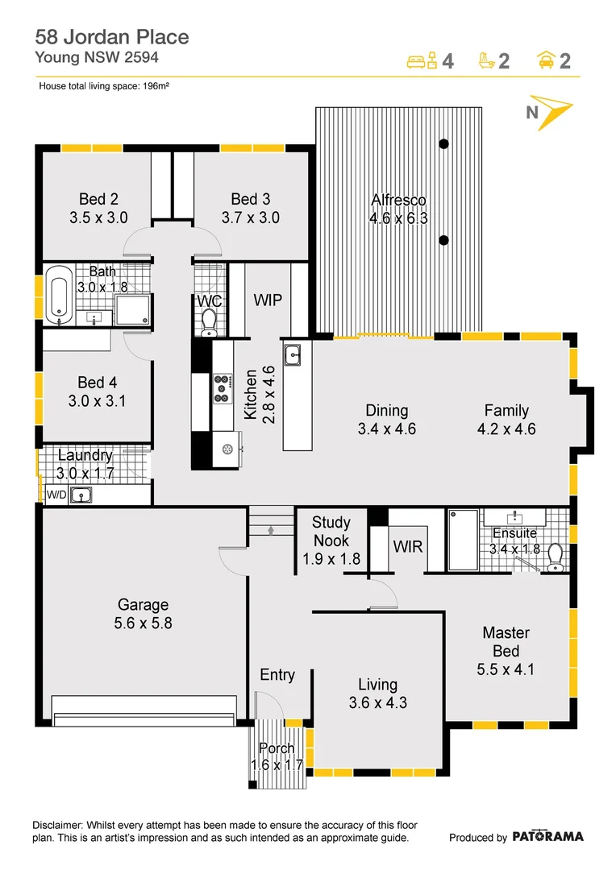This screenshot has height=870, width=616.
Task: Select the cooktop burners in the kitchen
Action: click(223, 388)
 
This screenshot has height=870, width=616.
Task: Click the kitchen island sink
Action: click(292, 354)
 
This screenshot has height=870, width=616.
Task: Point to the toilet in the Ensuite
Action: click(555, 557)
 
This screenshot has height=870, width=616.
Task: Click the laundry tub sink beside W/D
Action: click(81, 495)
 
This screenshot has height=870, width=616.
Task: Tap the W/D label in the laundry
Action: click(56, 495)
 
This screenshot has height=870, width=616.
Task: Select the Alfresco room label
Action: click(398, 200)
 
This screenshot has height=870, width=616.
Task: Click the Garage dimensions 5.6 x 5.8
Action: click(144, 623)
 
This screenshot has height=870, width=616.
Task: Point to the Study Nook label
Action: click(331, 531)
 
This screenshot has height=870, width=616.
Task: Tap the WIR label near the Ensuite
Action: click(408, 547)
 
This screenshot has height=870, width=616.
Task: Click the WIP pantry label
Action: click(268, 300)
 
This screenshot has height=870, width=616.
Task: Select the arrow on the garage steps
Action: click(271, 530)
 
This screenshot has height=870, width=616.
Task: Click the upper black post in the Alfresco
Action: click(443, 144)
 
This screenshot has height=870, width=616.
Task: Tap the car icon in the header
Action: click(546, 60)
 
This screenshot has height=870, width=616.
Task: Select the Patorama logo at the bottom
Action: click(547, 836)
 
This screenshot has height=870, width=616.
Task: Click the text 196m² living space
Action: click(156, 86)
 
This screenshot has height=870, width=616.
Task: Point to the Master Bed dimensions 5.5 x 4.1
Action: click(506, 669)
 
